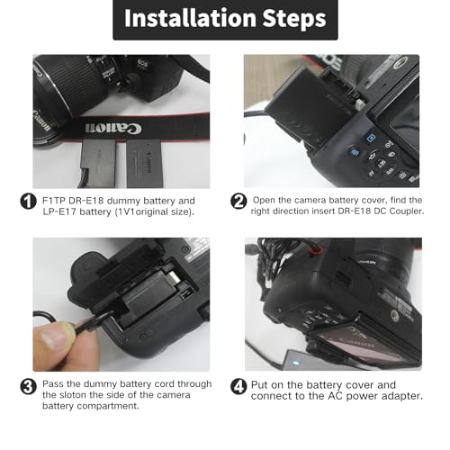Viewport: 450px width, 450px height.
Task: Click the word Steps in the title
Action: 291,19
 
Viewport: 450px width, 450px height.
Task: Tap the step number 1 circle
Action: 28,202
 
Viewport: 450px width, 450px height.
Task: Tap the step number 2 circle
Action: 238,202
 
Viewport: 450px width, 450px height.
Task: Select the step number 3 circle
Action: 28,386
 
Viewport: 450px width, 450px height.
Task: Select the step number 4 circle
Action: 238,386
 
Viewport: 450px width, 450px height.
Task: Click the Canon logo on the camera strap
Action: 102,127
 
